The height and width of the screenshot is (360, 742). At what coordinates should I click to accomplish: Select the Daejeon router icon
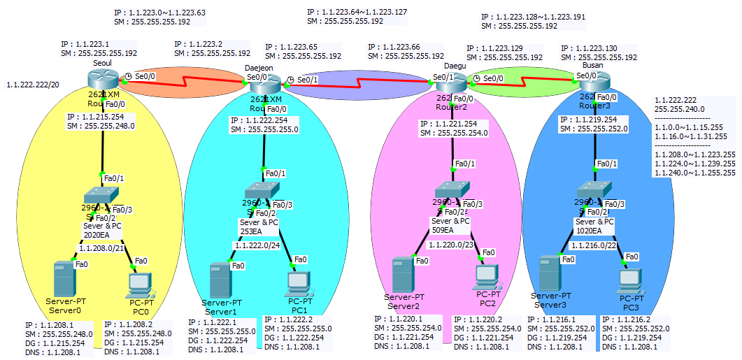(x=264, y=85)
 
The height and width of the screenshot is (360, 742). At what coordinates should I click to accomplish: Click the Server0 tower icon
(x=64, y=278)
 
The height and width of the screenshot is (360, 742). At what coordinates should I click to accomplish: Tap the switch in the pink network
(x=451, y=190)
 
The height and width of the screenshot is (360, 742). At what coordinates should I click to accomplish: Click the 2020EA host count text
(x=97, y=235)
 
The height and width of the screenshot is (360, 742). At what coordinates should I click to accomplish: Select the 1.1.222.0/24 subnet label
(x=258, y=246)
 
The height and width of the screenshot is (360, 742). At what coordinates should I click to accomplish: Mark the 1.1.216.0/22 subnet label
(x=594, y=245)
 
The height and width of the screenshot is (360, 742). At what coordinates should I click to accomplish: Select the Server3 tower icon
(x=549, y=274)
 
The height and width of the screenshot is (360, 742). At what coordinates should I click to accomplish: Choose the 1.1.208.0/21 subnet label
(x=102, y=247)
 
